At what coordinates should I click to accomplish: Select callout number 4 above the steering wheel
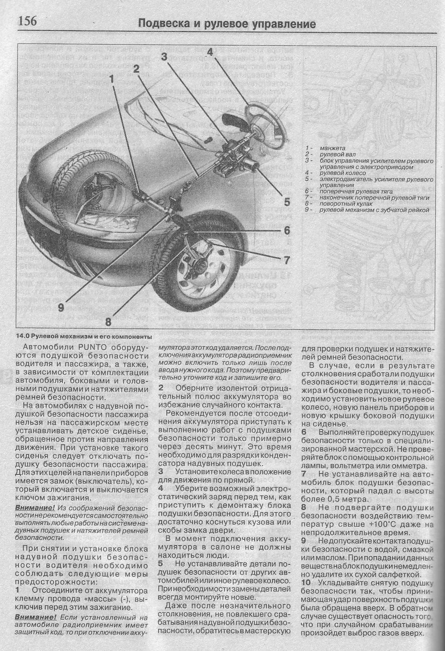210,52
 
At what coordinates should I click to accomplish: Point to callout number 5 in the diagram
287,202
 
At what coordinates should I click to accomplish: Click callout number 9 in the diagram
61,308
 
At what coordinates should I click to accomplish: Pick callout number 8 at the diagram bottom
108,322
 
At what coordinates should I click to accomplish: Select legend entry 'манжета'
332,148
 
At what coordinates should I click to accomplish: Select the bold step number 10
306,582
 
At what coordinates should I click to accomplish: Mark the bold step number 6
304,432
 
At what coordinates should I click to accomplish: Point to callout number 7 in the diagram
287,260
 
